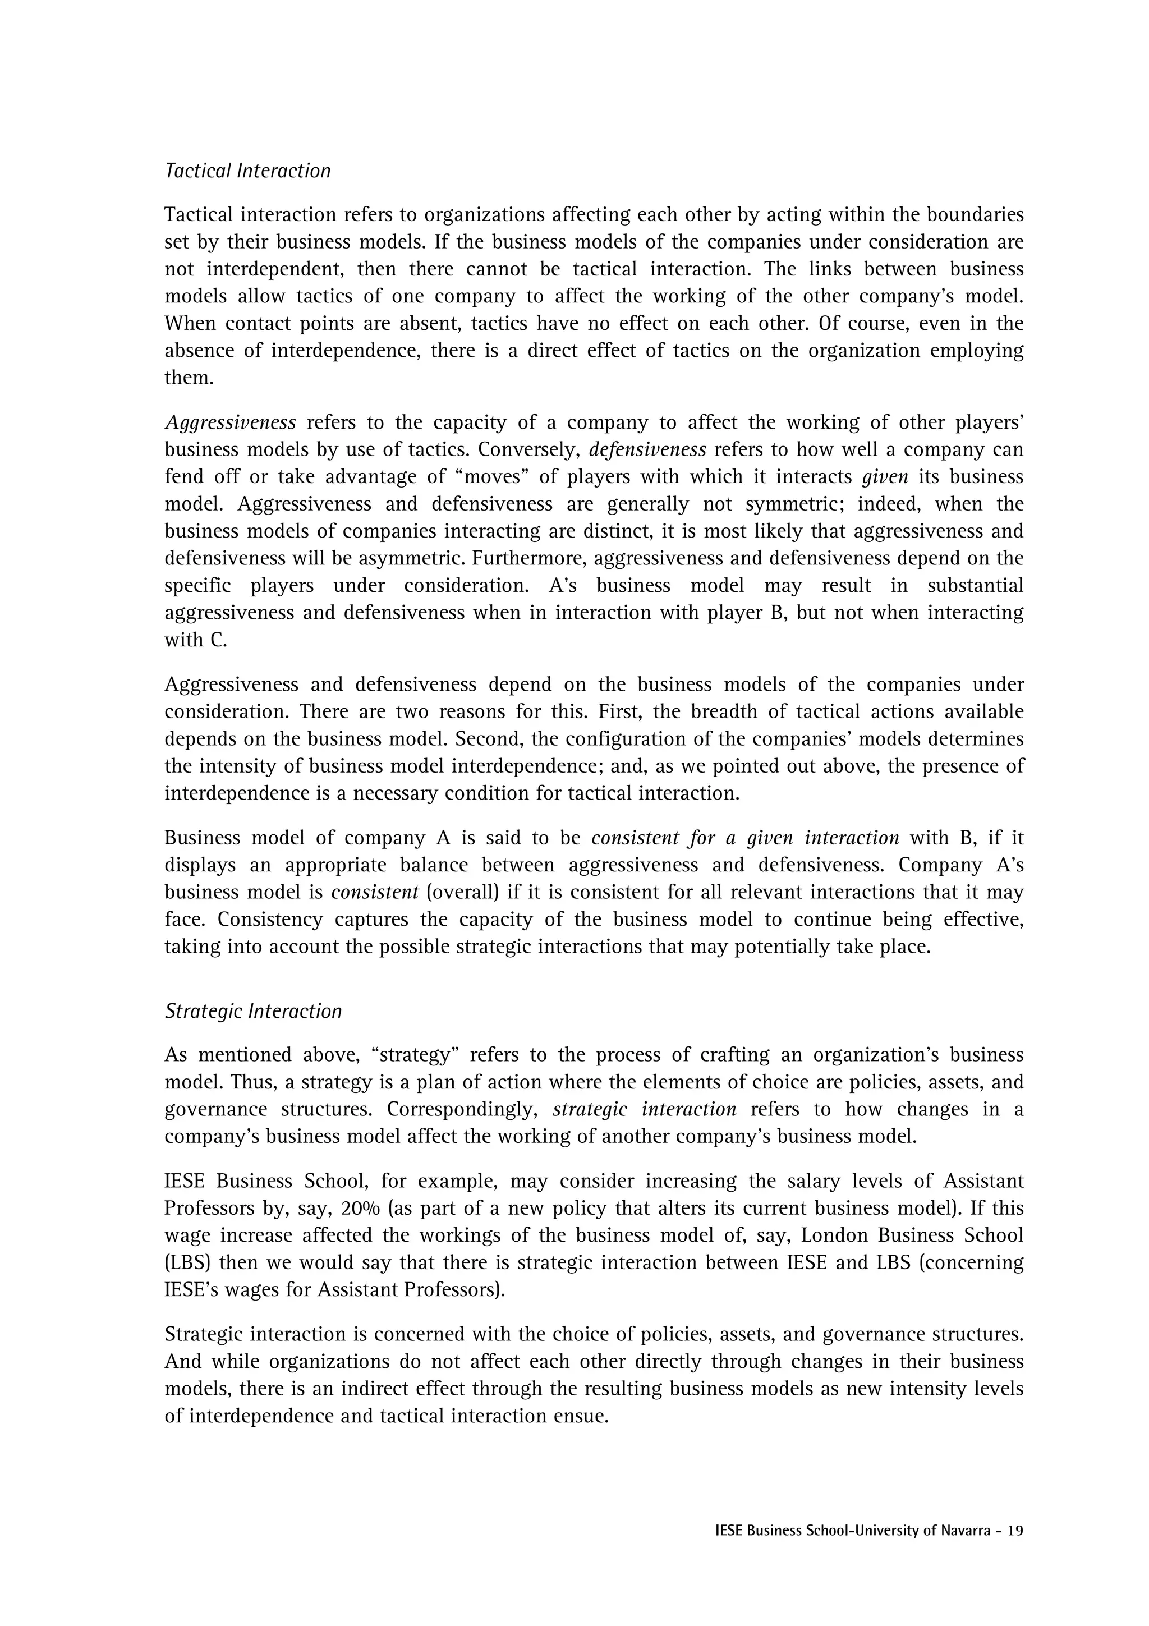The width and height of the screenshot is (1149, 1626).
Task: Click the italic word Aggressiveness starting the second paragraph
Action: (230, 423)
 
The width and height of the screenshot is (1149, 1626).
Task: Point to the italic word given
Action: (885, 477)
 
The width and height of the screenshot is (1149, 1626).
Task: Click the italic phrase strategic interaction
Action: (644, 1109)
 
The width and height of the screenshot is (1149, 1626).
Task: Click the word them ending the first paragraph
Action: (189, 378)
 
